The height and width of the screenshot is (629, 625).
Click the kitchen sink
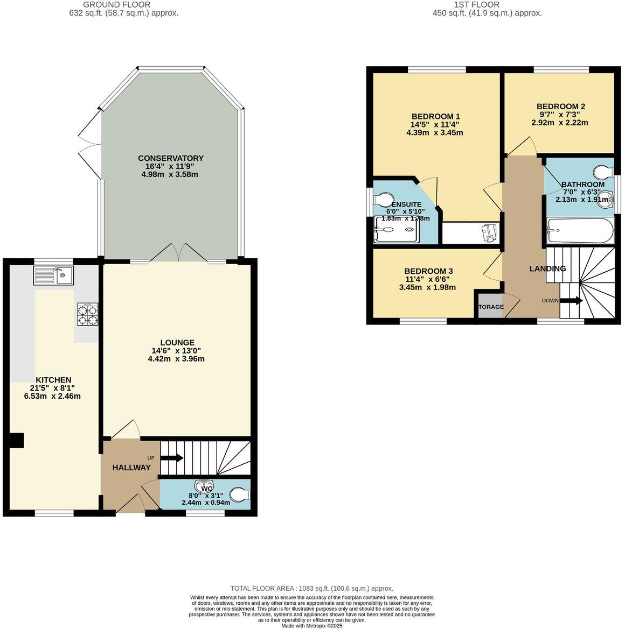pyautogui.click(x=53, y=275)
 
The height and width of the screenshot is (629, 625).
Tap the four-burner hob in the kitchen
pyautogui.click(x=88, y=315)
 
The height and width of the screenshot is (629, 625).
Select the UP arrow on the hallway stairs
pyautogui.click(x=172, y=458)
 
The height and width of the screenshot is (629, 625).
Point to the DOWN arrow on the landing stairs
pyautogui.click(x=571, y=300)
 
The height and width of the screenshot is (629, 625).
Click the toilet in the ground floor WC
pyautogui.click(x=240, y=494)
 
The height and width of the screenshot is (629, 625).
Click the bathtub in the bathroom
pyautogui.click(x=580, y=231)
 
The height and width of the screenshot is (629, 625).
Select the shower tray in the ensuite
pyautogui.click(x=397, y=229)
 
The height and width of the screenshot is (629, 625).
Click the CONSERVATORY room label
pyautogui.click(x=171, y=158)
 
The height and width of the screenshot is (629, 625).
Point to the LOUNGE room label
pyautogui.click(x=177, y=343)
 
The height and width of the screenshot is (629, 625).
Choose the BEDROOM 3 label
pyautogui.click(x=428, y=271)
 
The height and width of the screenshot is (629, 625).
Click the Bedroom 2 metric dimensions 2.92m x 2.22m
pyautogui.click(x=560, y=123)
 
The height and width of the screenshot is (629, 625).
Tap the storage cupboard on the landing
pyautogui.click(x=490, y=306)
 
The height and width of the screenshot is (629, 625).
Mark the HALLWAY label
pyautogui.click(x=131, y=468)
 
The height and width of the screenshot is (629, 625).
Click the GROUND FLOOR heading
pyautogui.click(x=117, y=5)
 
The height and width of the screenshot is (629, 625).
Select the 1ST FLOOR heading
pyautogui.click(x=477, y=5)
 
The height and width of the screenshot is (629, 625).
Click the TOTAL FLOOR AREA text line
pyautogui.click(x=312, y=589)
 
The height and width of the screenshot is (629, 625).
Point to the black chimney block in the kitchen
pyautogui.click(x=17, y=441)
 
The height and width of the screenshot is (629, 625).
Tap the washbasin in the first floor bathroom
pyautogui.click(x=606, y=200)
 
